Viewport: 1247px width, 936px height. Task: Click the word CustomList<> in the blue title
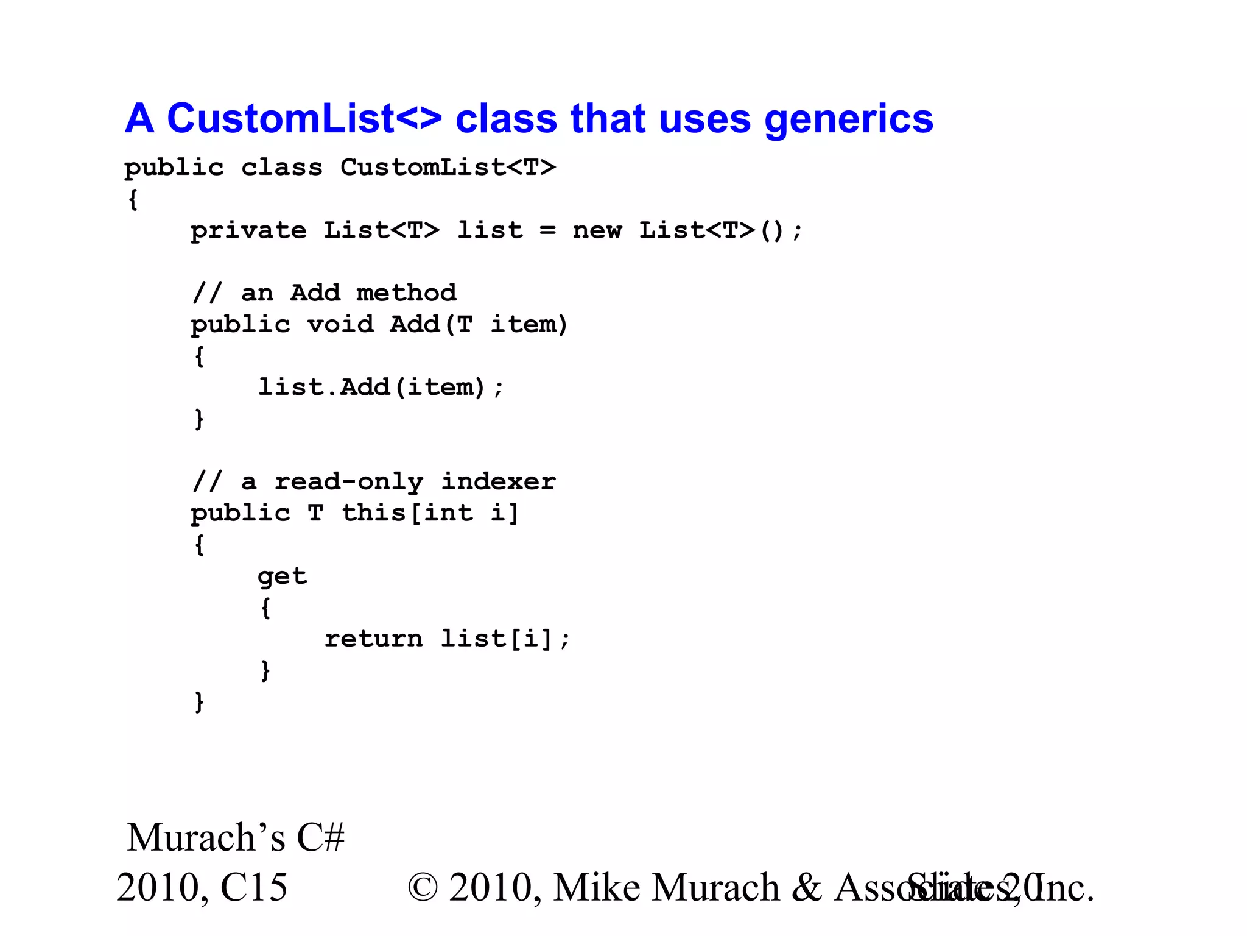click(304, 118)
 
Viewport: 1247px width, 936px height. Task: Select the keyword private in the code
click(248, 230)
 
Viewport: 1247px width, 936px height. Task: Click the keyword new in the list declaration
click(597, 230)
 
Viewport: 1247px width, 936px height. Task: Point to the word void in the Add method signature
click(340, 324)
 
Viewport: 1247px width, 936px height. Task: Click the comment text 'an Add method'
click(348, 293)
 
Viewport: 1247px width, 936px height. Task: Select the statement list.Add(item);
click(381, 388)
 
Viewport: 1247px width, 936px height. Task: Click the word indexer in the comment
click(498, 481)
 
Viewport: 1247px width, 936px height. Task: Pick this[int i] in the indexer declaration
click(430, 513)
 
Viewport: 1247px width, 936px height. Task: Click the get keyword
click(282, 576)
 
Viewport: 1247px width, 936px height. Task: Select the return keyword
click(373, 639)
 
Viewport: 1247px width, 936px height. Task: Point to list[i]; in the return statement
click(505, 639)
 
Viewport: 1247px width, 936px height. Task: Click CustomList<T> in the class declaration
click(448, 168)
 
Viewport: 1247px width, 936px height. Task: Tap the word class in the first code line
click(281, 168)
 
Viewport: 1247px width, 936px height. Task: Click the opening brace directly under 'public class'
click(133, 199)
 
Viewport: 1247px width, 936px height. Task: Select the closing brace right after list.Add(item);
click(199, 419)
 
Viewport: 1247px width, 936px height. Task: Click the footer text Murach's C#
click(236, 837)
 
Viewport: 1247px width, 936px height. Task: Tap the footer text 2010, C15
click(202, 887)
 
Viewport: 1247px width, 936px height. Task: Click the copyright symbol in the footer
click(423, 887)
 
